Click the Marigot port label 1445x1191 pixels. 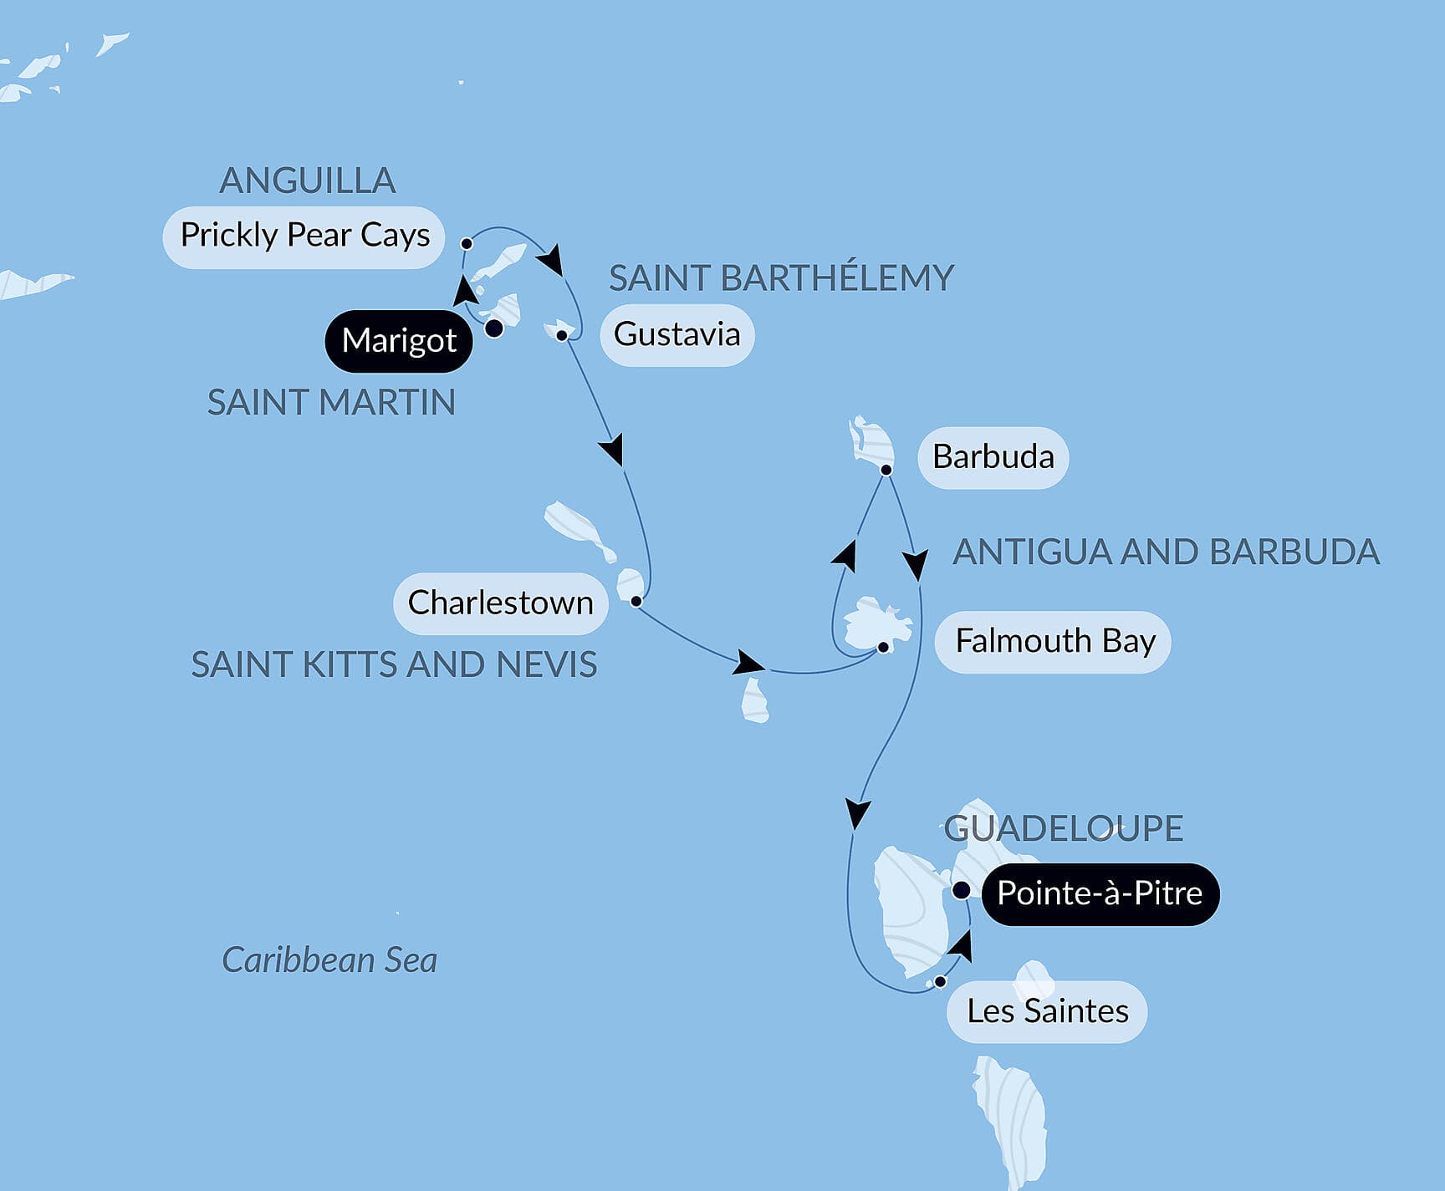[399, 341]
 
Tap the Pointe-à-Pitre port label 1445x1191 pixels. [1100, 893]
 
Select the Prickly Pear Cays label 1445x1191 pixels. [304, 237]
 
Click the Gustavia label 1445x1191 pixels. [677, 335]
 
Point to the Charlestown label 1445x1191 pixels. [500, 603]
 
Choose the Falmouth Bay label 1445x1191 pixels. [1054, 642]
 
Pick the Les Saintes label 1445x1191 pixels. [1047, 1012]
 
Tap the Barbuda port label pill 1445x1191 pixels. [993, 457]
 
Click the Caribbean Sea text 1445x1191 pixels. [329, 959]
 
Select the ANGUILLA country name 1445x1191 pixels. [307, 181]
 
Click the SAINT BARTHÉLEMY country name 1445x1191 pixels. [781, 278]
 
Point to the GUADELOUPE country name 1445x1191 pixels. [1063, 828]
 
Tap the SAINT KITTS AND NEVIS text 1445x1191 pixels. [394, 665]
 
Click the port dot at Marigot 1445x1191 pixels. [494, 328]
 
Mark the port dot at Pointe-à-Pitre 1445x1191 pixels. [962, 890]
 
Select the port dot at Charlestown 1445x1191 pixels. [636, 601]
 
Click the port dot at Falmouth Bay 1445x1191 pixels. [882, 647]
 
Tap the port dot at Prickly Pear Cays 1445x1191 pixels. [467, 243]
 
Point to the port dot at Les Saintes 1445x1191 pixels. [940, 982]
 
